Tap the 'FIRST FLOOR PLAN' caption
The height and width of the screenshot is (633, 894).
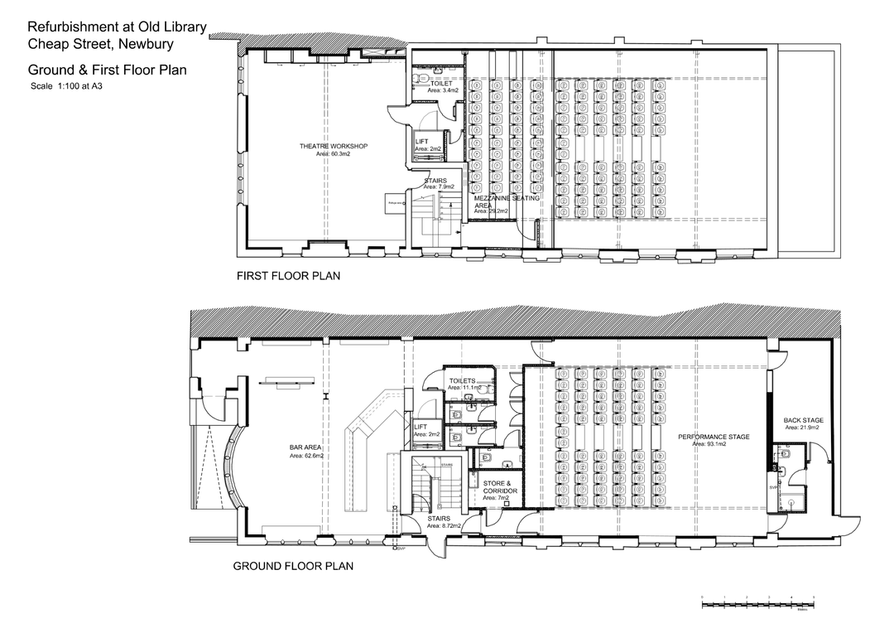pyautogui.click(x=288, y=275)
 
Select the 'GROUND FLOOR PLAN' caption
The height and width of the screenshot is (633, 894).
pyautogui.click(x=293, y=567)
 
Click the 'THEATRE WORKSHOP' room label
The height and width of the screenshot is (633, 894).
pyautogui.click(x=333, y=147)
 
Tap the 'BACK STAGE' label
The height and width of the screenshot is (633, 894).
pyautogui.click(x=801, y=420)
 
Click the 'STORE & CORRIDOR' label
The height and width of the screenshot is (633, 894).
pyautogui.click(x=501, y=487)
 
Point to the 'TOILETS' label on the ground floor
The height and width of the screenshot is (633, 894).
pyautogui.click(x=462, y=380)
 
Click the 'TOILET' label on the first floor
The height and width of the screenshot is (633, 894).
pyautogui.click(x=441, y=84)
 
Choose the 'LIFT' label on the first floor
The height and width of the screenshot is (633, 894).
pyautogui.click(x=421, y=142)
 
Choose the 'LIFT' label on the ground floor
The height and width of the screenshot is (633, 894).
pyautogui.click(x=421, y=427)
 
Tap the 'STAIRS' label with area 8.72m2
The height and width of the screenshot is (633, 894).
pyautogui.click(x=440, y=519)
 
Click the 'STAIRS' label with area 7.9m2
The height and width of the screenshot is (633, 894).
pyautogui.click(x=435, y=181)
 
